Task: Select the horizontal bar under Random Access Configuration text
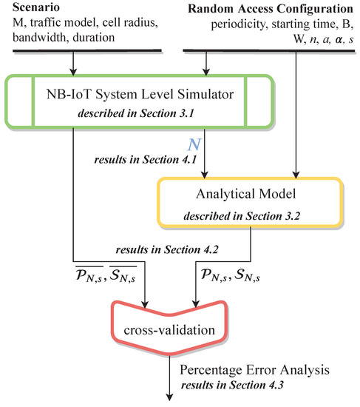pyautogui.click(x=269, y=50)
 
